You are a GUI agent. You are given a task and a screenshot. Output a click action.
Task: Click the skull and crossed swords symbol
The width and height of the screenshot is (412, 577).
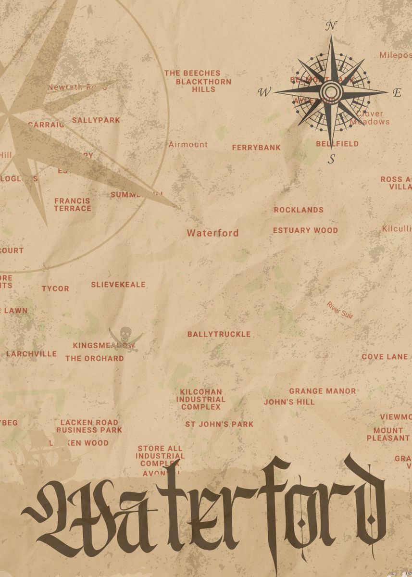pos(125,338)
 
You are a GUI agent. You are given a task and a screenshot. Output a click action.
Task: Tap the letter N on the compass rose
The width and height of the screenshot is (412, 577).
pos(331,26)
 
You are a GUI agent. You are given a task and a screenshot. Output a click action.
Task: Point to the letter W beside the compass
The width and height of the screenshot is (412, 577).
pos(264,93)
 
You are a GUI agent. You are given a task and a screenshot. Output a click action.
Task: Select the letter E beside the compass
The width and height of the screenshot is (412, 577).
pos(397,93)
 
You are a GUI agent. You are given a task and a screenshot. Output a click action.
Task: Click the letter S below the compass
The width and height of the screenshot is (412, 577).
pos(331,159)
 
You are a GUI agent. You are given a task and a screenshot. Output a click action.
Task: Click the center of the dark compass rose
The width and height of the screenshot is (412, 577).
pos(331,91)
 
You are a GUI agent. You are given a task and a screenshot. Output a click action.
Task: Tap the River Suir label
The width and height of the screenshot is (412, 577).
pos(340,310)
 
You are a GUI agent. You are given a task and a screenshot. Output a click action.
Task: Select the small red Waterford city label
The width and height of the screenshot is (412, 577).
pos(212,233)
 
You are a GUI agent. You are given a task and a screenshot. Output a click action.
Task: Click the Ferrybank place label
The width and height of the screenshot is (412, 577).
pos(256,148)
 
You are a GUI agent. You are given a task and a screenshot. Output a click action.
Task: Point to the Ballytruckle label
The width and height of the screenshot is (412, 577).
pos(219,334)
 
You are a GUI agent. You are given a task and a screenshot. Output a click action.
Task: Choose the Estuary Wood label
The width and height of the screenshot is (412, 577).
pos(305,230)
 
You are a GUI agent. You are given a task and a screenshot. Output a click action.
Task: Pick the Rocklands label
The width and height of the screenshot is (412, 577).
pos(299,210)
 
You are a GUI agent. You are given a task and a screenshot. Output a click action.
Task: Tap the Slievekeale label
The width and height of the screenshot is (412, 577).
pos(118,285)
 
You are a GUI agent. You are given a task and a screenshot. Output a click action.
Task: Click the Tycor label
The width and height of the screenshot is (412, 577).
pos(55,288)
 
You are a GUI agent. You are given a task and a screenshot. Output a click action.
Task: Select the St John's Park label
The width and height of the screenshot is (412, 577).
pos(219,424)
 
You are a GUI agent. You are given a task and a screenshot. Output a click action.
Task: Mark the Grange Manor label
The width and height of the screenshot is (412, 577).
pos(323,391)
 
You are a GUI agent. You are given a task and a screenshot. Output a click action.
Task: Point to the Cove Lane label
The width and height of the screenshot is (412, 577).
pos(385,357)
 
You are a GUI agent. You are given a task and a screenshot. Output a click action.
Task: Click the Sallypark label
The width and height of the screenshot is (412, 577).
pos(96,120)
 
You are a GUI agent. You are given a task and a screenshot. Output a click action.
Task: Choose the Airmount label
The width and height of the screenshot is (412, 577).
pos(188,144)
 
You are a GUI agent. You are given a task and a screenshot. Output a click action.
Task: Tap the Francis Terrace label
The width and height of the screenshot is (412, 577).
pos(73,204)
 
